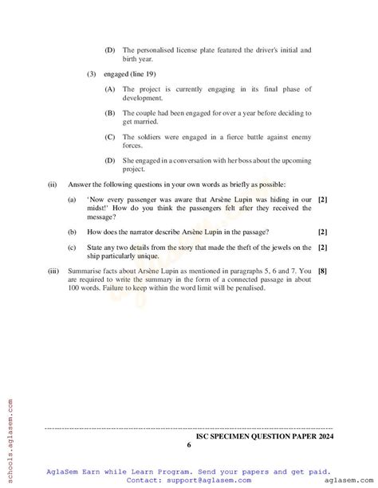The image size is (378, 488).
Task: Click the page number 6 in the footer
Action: tap(189, 445)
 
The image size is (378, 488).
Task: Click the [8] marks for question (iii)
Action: tap(322, 271)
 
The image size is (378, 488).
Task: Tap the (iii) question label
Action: tap(53, 271)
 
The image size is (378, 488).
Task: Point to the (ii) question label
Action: tap(52, 185)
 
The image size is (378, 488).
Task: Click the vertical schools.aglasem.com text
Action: tap(9, 438)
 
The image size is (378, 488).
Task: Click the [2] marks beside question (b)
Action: tap(322, 232)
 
